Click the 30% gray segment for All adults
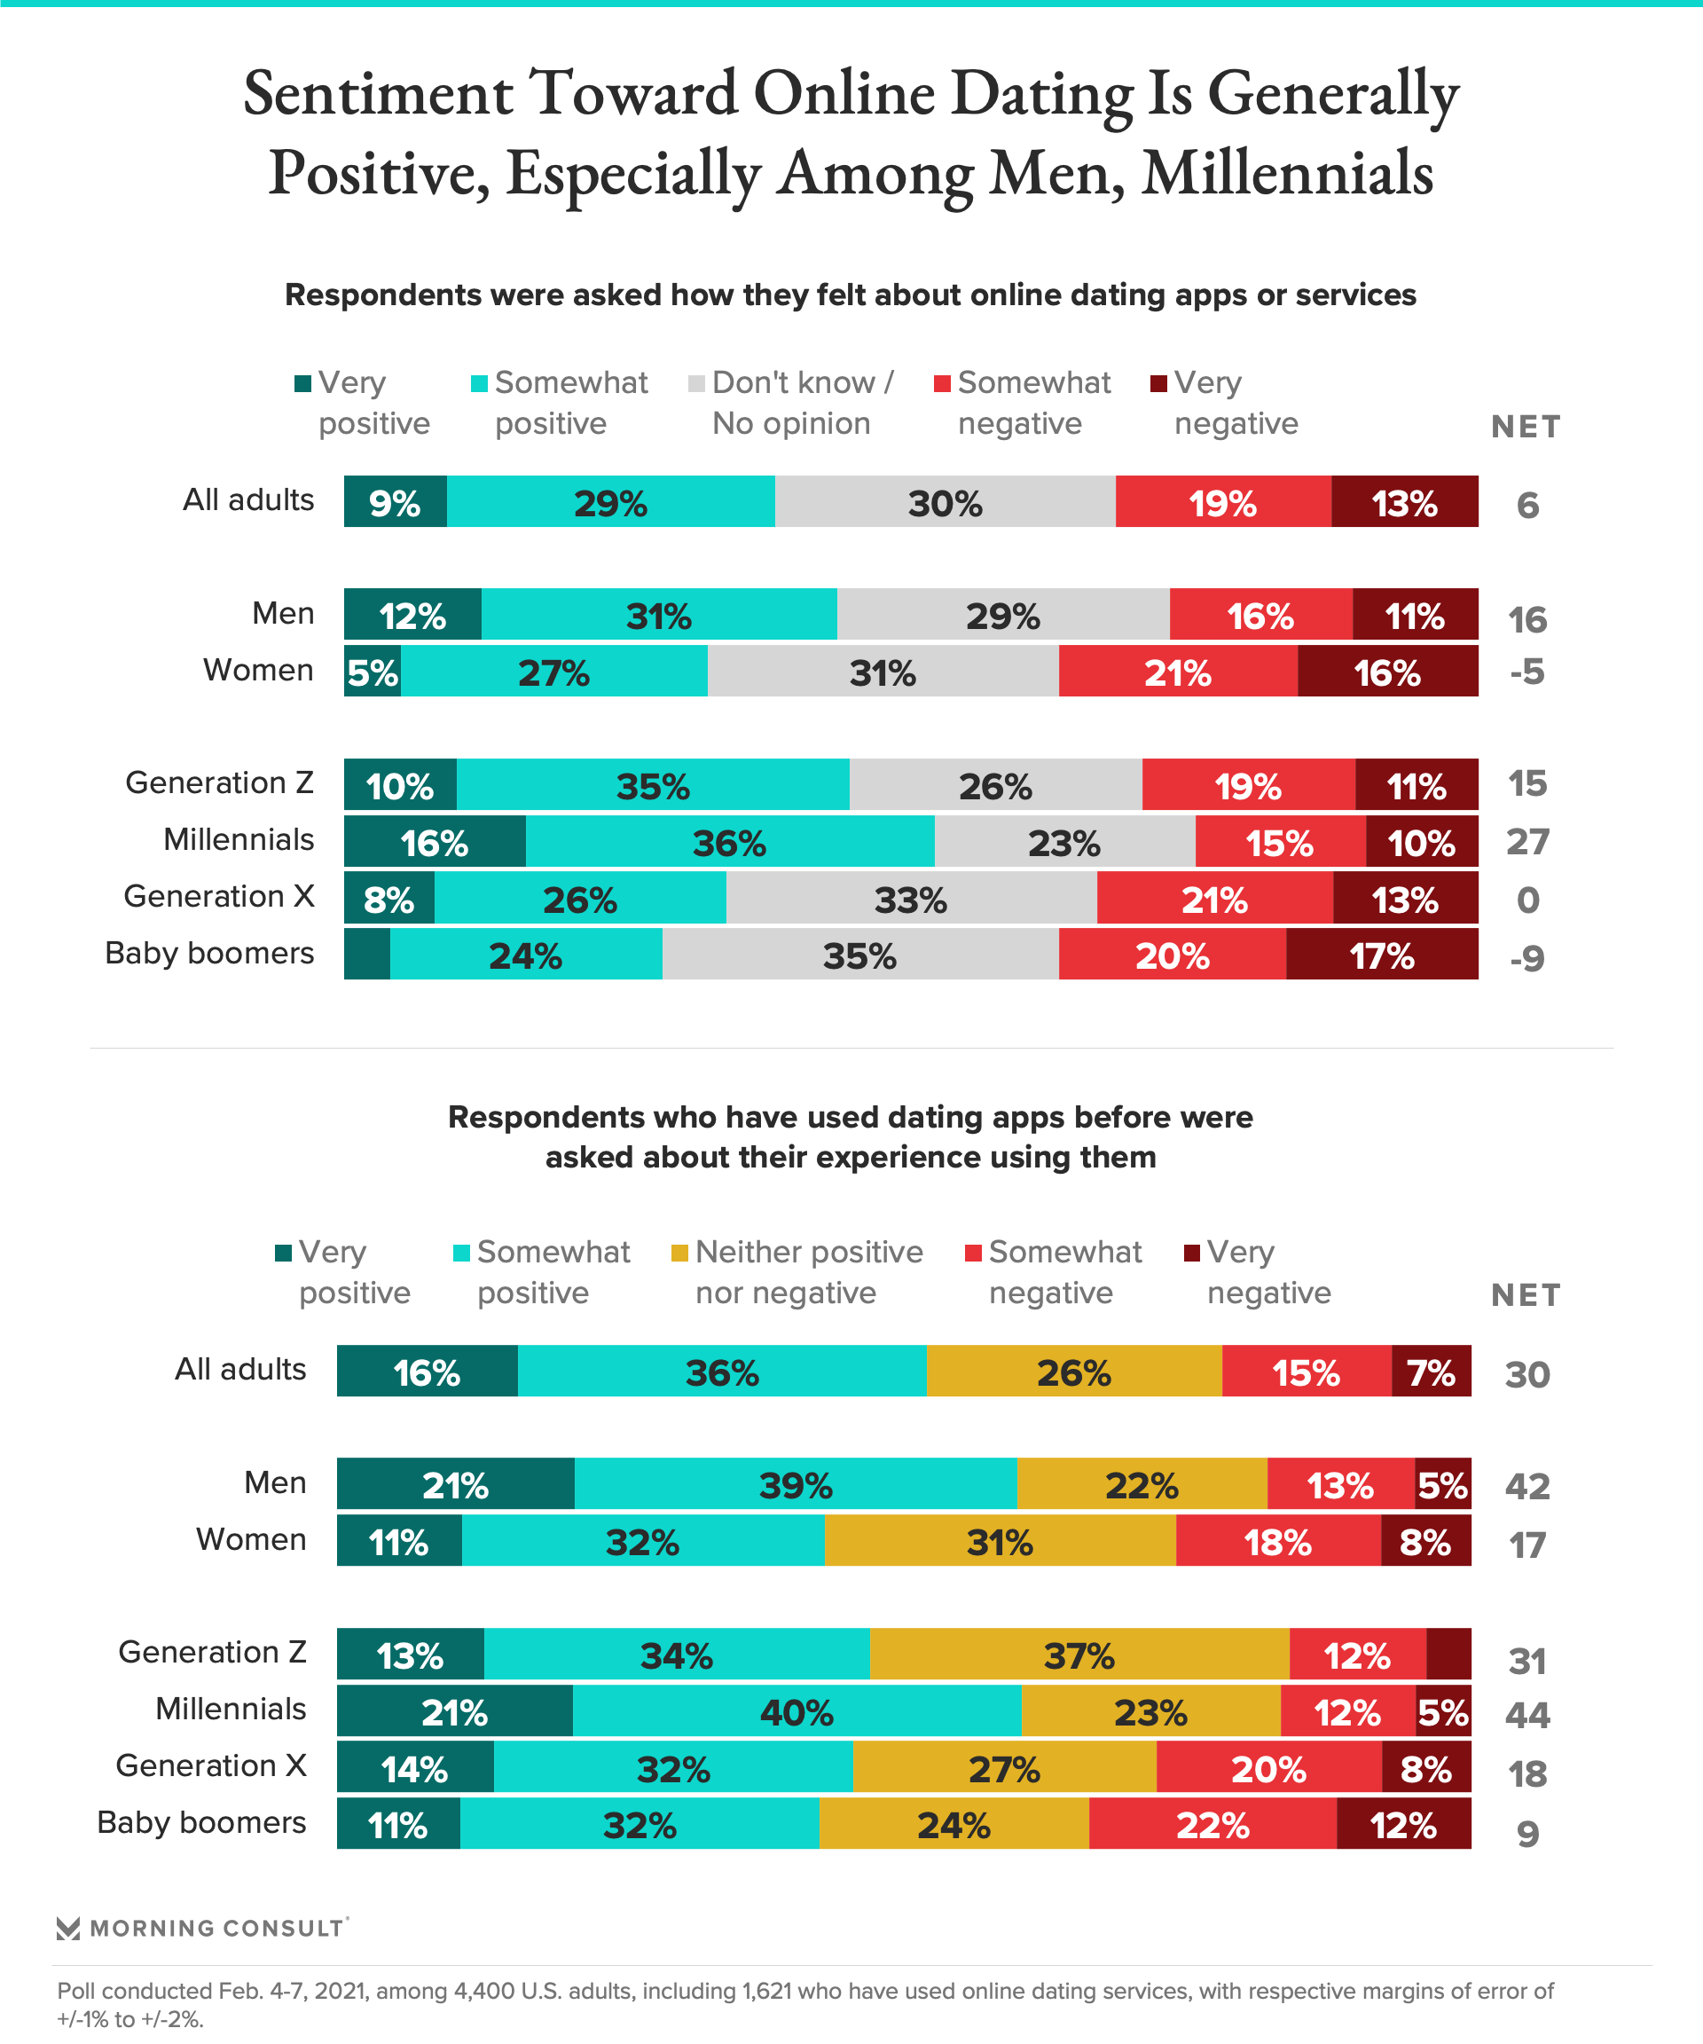coord(945,502)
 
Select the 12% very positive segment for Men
coord(412,615)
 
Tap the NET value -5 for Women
coord(1526,672)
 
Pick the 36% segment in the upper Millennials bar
coord(730,843)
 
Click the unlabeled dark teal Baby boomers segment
coord(367,955)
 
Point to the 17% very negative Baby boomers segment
coord(1382,955)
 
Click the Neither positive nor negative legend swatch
coord(680,1253)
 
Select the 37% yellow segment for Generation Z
coord(1079,1655)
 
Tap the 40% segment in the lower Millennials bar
coord(797,1712)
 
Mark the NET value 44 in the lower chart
coord(1526,1714)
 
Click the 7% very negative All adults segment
coord(1431,1372)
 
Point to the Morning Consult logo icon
coord(68,1928)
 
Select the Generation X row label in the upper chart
coord(219,896)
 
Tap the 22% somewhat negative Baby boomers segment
coord(1213,1825)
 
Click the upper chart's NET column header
coord(1525,427)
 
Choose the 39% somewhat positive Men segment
coord(796,1485)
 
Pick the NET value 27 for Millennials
coord(1526,842)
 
